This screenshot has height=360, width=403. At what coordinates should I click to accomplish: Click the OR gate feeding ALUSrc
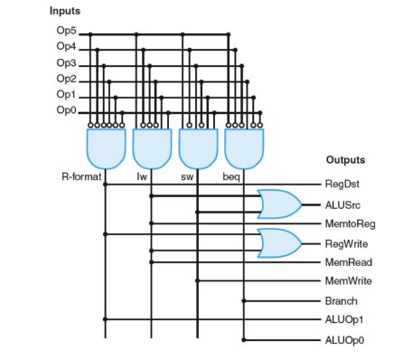tap(279, 204)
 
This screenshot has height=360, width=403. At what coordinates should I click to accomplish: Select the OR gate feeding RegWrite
tap(279, 242)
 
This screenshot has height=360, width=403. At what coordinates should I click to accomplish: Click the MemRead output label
tap(347, 262)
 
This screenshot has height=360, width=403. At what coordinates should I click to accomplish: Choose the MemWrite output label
tap(348, 281)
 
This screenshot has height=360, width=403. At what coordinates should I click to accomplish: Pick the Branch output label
tap(341, 300)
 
